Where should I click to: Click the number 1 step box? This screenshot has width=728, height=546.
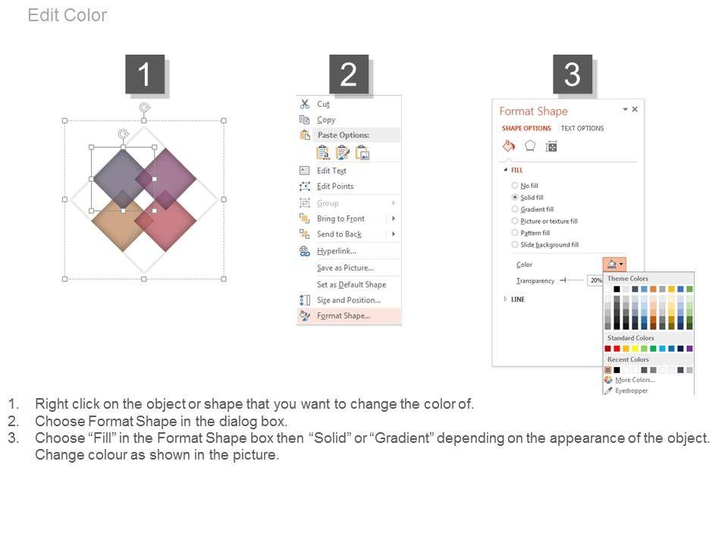point(145,74)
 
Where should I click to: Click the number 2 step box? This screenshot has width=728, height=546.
point(349,74)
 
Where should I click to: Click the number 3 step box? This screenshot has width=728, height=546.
point(573,74)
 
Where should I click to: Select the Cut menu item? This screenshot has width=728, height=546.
point(323,104)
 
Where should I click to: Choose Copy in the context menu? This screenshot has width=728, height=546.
point(326,120)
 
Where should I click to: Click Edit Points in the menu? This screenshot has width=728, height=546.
point(335,187)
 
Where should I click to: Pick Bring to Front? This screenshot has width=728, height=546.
point(340,218)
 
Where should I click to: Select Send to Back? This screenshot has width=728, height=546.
point(339,234)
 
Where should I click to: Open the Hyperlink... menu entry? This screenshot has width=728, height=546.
point(337,251)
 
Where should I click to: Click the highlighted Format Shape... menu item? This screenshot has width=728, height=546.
point(344,315)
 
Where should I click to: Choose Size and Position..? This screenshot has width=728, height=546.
point(349,300)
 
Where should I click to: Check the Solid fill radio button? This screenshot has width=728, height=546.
point(515,197)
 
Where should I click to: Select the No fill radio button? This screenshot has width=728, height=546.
point(515,185)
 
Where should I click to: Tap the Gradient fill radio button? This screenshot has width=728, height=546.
point(515,209)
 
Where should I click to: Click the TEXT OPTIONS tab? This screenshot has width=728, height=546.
point(582,128)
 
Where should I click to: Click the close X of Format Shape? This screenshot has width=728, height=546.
point(635,109)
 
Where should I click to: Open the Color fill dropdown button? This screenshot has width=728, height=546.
point(614,264)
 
